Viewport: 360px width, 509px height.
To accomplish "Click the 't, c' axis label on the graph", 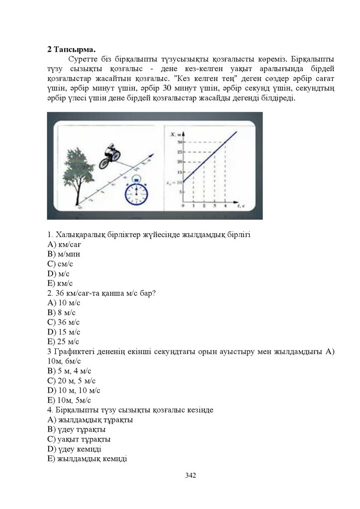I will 241,205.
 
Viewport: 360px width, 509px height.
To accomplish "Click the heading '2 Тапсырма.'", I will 72,49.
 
